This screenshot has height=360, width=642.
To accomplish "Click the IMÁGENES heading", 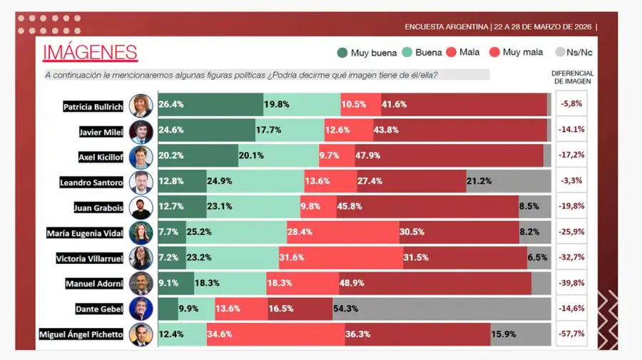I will [x=90, y=52].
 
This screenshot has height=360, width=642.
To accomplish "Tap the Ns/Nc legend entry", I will [x=574, y=52].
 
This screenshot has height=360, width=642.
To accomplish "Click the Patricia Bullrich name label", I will [x=93, y=106].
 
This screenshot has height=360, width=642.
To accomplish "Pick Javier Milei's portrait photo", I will [x=141, y=131].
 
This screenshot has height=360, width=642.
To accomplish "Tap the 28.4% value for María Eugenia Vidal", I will [x=300, y=232].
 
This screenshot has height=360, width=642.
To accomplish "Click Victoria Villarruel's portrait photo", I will [x=141, y=257].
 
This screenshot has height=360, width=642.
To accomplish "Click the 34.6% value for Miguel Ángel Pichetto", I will [x=221, y=334].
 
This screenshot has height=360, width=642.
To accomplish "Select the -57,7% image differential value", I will [x=571, y=334].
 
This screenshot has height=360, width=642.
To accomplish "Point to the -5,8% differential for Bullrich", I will [x=571, y=104].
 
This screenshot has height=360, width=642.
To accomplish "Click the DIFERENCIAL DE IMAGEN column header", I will [x=572, y=77].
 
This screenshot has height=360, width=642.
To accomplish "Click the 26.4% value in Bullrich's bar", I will [x=171, y=104].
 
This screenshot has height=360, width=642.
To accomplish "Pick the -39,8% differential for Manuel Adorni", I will [x=571, y=283].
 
